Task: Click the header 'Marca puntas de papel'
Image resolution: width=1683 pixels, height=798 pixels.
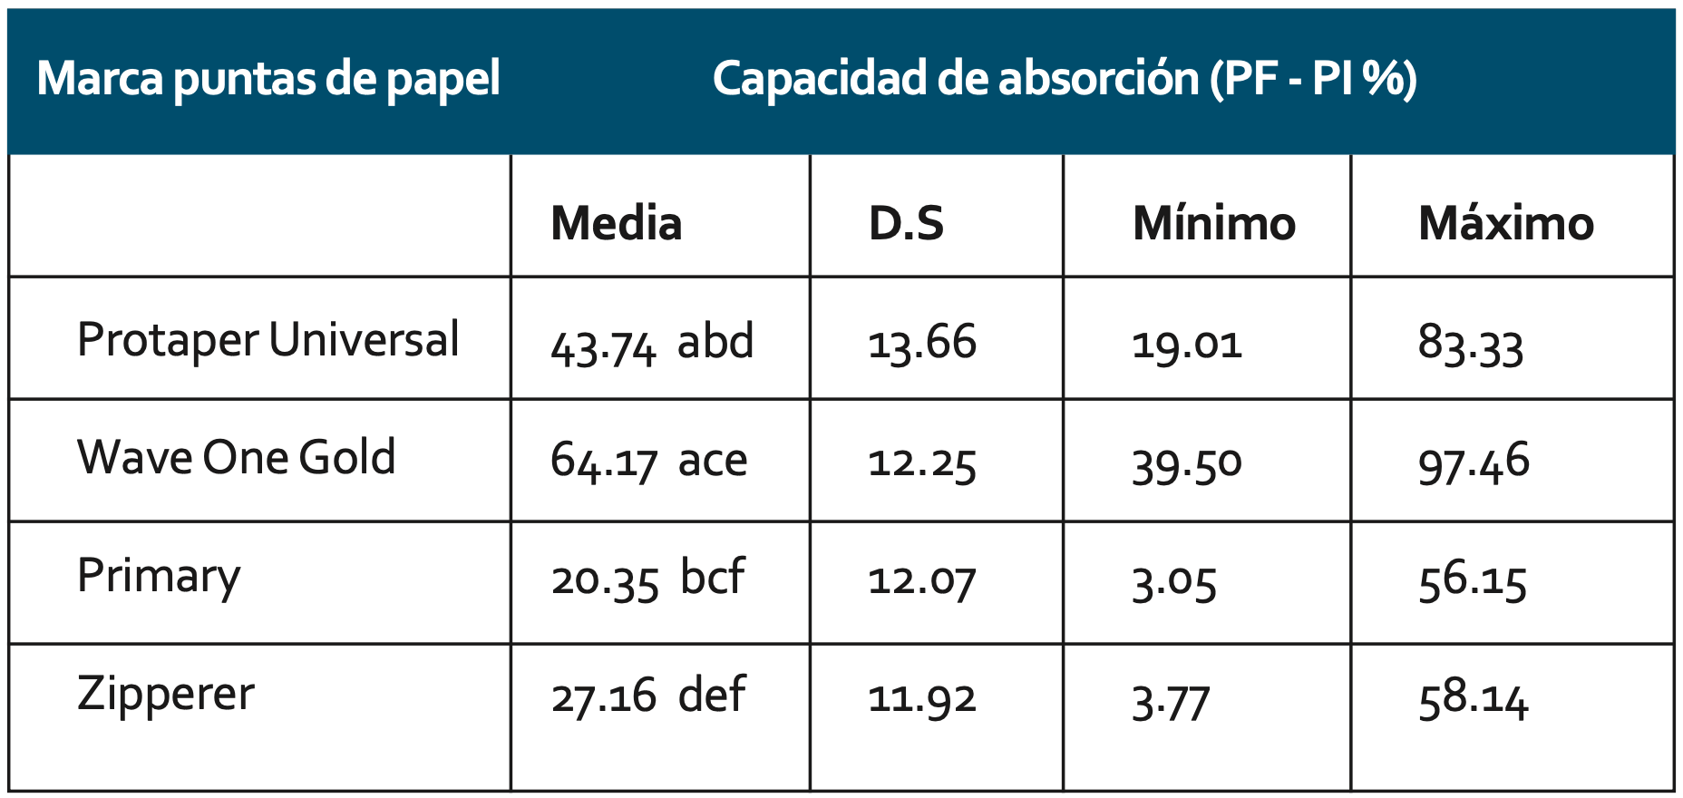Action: tap(268, 79)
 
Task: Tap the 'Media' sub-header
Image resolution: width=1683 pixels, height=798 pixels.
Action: tap(616, 223)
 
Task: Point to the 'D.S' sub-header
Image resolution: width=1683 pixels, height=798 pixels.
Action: tap(906, 223)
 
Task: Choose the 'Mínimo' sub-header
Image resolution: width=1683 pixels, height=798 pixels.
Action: tap(1213, 223)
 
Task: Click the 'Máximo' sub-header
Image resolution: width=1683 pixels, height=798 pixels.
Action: tap(1505, 223)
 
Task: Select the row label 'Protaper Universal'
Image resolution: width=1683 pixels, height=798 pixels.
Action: tap(268, 341)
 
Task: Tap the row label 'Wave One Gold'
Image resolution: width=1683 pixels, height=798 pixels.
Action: tap(237, 457)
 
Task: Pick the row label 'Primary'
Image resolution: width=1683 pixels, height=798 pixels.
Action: tap(159, 577)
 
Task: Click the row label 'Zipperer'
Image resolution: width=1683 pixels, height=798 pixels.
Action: tap(166, 695)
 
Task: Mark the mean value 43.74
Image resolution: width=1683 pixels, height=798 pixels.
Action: tap(602, 345)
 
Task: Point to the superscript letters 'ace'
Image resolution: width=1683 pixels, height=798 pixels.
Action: tap(713, 461)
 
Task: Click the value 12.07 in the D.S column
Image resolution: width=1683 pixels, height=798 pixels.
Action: tap(921, 580)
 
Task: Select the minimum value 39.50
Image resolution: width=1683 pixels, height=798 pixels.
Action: tap(1186, 463)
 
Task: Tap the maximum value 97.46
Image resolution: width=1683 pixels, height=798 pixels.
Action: tap(1474, 463)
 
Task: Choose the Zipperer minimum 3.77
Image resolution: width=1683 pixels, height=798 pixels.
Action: tap(1170, 702)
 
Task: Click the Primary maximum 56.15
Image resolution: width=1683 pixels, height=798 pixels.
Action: tap(1473, 580)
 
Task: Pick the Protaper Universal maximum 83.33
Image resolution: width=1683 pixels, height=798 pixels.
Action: tap(1470, 345)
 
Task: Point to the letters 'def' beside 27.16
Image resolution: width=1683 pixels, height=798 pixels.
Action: tap(712, 696)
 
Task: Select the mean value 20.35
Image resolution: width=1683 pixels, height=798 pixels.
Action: tap(604, 580)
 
